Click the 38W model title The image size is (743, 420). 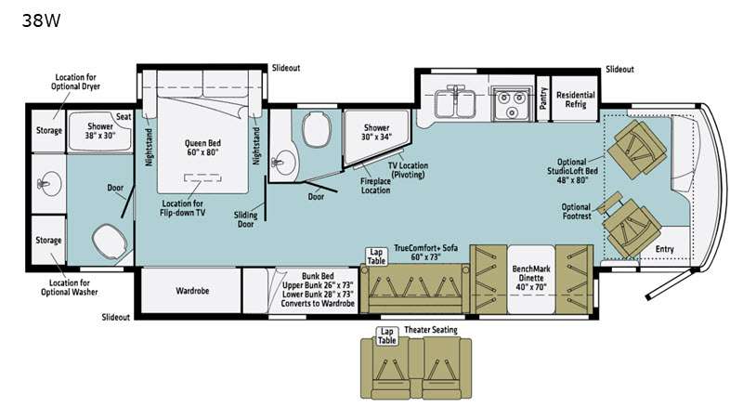pyautogui.click(x=41, y=20)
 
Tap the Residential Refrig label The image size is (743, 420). pyautogui.click(x=575, y=99)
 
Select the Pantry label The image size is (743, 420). pyautogui.click(x=543, y=98)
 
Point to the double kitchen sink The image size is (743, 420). pyautogui.click(x=455, y=103)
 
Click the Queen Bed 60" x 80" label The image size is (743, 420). pyautogui.click(x=202, y=148)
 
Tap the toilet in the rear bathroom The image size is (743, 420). pyautogui.click(x=110, y=242)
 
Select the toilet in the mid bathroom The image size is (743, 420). pyautogui.click(x=315, y=129)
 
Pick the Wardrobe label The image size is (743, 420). pyautogui.click(x=192, y=291)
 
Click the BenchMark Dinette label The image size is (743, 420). pyautogui.click(x=530, y=278)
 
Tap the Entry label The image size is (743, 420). pyautogui.click(x=664, y=249)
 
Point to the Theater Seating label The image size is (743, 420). pyautogui.click(x=431, y=330)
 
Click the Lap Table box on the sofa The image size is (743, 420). pyautogui.click(x=376, y=256)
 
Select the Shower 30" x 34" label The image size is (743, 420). pyautogui.click(x=377, y=132)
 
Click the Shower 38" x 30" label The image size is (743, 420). pyautogui.click(x=100, y=131)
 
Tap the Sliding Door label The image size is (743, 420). pyautogui.click(x=245, y=219)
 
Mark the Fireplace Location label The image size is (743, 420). pyautogui.click(x=375, y=185)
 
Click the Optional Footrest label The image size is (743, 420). pyautogui.click(x=576, y=212)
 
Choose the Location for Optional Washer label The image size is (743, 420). pyautogui.click(x=69, y=287)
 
